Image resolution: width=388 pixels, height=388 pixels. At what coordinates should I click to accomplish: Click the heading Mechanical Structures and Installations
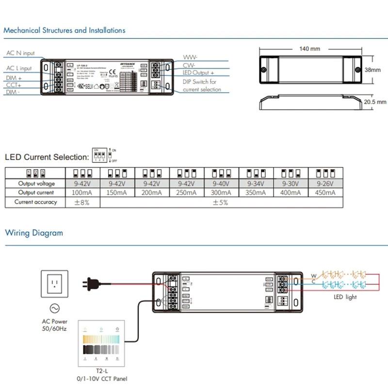pyautogui.click(x=65, y=31)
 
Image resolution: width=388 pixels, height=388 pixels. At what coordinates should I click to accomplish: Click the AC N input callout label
pyautogui.click(x=20, y=53)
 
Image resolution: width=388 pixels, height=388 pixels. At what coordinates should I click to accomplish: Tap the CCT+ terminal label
pyautogui.click(x=14, y=85)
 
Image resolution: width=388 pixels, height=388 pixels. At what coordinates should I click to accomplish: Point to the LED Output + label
pyautogui.click(x=198, y=73)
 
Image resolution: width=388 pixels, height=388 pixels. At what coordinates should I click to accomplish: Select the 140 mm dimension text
pyautogui.click(x=309, y=49)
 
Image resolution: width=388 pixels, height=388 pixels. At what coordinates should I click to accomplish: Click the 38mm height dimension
pyautogui.click(x=372, y=70)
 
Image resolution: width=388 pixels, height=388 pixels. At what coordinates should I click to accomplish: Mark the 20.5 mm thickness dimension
pyautogui.click(x=375, y=102)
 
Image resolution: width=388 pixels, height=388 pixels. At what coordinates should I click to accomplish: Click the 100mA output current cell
pyautogui.click(x=82, y=193)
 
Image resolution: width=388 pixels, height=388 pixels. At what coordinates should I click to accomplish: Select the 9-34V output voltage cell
pyautogui.click(x=256, y=183)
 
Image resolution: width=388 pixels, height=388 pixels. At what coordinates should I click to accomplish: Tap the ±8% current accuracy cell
pyautogui.click(x=82, y=202)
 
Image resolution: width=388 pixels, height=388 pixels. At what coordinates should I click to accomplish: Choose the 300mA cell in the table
pyautogui.click(x=221, y=193)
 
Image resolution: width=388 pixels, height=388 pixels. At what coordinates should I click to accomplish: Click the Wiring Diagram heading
pyautogui.click(x=34, y=233)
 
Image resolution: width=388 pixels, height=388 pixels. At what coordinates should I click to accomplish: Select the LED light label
pyautogui.click(x=345, y=297)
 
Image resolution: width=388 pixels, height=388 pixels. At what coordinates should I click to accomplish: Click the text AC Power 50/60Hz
pyautogui.click(x=54, y=325)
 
